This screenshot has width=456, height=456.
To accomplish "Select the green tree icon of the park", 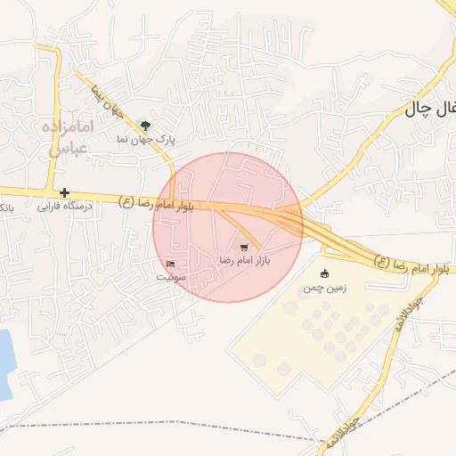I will coord(146,125).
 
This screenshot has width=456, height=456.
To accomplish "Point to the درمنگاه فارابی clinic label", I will coord(64,206).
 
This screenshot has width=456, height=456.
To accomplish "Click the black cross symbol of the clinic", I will coord(64,192).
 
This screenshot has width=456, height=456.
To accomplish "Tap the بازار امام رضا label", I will coord(244,261).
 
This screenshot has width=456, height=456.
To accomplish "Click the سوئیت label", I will coord(172,277).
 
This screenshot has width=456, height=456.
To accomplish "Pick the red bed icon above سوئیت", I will coord(171,264).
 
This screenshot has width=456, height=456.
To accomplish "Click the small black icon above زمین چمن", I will coord(323,273).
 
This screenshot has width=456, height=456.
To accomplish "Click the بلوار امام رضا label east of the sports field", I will coord(409,265).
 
